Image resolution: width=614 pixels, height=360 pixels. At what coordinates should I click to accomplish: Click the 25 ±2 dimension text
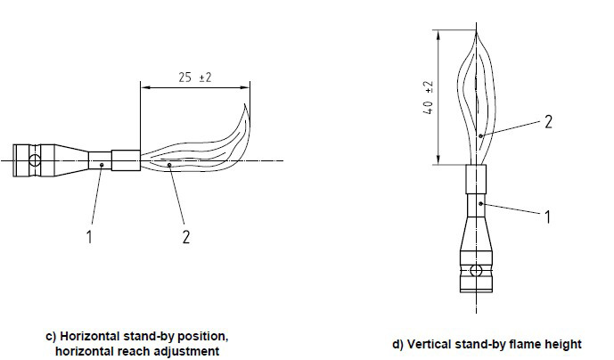coord(195,78)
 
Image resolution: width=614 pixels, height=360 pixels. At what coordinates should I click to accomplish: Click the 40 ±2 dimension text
coord(429,97)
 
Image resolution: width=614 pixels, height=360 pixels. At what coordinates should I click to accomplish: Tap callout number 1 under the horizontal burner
coord(89,237)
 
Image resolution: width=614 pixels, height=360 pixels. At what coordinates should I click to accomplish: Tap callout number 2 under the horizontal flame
coord(186,237)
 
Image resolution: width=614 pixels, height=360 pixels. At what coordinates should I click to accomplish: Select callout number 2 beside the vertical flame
coord(548,122)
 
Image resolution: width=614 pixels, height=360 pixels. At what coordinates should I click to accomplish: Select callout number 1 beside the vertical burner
coord(548,217)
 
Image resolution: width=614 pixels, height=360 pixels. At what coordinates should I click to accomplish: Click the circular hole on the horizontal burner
coord(35,160)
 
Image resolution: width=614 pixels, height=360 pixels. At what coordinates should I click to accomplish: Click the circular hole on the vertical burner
coord(476,270)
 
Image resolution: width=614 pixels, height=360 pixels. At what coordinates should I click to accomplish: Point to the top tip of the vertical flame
coord(476,33)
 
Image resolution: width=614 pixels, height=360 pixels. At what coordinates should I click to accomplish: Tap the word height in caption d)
coord(564,344)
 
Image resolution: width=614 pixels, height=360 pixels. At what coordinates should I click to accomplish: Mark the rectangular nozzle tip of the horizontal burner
coord(126,160)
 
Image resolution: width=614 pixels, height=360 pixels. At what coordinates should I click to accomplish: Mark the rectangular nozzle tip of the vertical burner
coord(476,179)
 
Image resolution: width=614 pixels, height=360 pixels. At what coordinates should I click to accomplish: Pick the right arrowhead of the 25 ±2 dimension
coord(246,87)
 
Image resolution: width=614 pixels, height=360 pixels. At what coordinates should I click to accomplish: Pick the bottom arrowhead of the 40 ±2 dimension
coord(438,160)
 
